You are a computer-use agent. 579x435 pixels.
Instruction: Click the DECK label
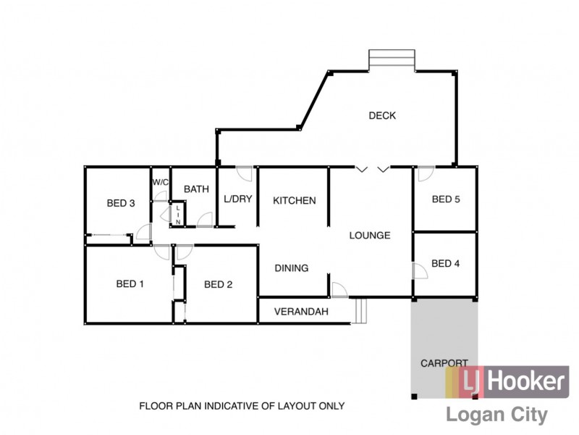tap(382, 115)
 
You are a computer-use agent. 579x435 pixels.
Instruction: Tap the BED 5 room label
tap(446, 199)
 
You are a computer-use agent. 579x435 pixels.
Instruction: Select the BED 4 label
tap(446, 263)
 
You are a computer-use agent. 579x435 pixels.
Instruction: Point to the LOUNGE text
tap(370, 235)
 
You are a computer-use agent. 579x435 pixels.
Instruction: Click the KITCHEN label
tap(294, 200)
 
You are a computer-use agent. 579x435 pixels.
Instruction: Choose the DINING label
tap(291, 268)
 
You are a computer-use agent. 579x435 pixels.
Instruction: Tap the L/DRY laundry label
tap(237, 199)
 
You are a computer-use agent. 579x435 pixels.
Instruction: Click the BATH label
tap(196, 188)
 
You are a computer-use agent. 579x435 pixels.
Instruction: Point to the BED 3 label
tap(121, 203)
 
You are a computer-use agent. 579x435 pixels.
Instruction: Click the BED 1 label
tap(130, 283)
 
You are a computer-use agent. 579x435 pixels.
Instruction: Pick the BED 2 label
tap(218, 284)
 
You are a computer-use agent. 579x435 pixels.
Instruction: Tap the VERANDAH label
tap(301, 312)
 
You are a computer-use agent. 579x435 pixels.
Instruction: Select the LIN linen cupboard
tap(178, 215)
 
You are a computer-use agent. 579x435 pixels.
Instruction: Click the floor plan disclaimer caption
tap(242, 406)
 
